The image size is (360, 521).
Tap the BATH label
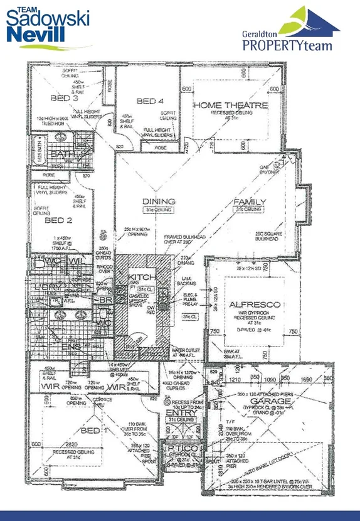[x=62, y=154]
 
